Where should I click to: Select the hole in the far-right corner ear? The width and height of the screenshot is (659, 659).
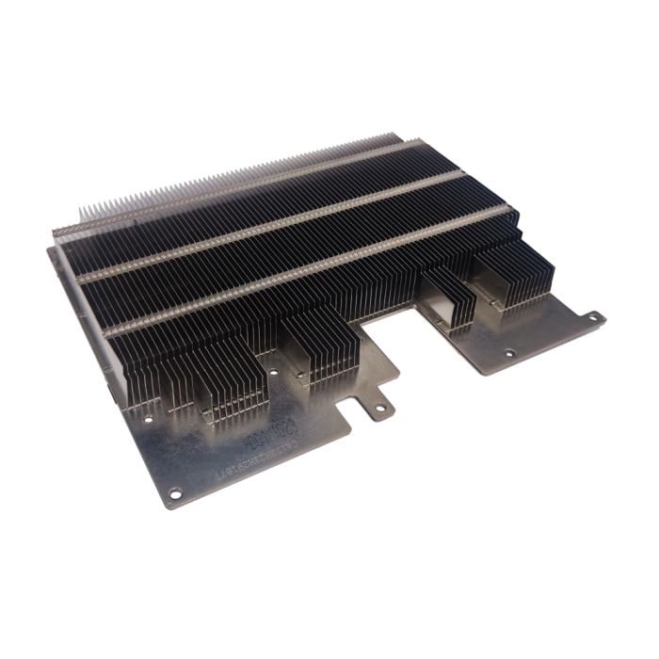click(593, 317)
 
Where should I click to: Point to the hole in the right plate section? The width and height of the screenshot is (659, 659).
click(509, 354)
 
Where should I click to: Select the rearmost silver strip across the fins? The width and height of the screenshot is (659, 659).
click(235, 187)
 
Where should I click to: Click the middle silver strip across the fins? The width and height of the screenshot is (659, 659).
click(273, 225)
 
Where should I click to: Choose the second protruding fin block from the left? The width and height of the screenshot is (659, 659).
click(320, 348)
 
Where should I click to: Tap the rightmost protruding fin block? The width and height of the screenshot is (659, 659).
click(513, 273)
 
